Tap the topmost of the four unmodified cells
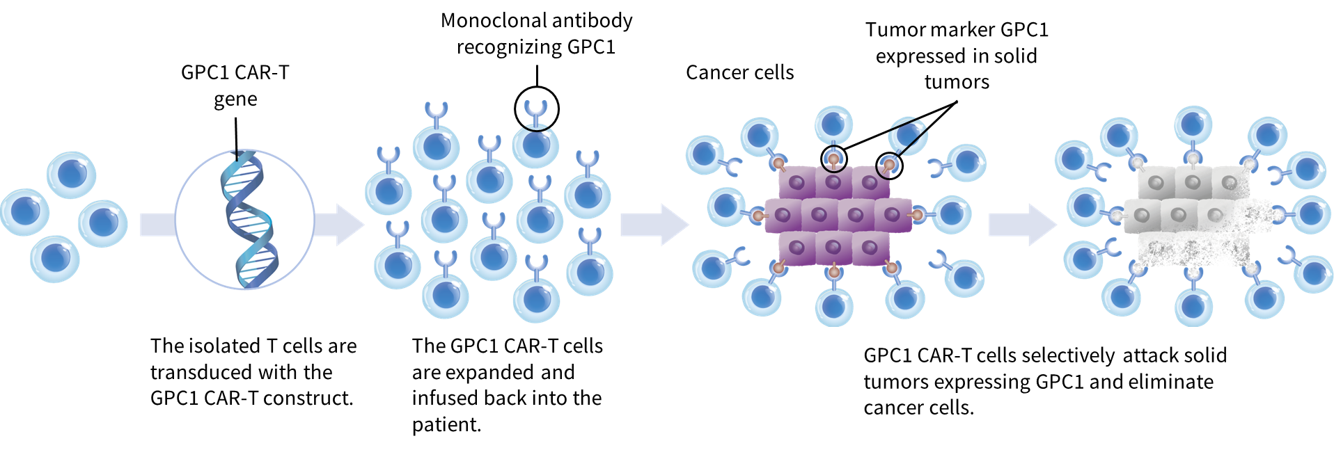(x=72, y=175)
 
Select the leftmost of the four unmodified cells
(x=24, y=211)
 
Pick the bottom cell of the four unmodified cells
(x=55, y=259)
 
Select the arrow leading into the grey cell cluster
(x=1021, y=225)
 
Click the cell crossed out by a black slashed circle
(x=908, y=136)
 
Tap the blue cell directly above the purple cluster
(x=833, y=125)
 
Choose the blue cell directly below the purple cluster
(x=834, y=306)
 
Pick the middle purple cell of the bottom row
(x=833, y=248)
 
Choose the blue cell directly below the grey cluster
(x=1193, y=306)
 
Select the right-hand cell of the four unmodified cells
(x=103, y=223)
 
